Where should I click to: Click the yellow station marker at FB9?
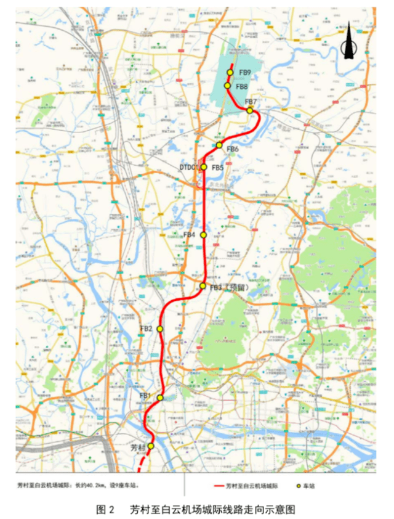point(230,73)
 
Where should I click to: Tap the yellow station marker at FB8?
point(228,86)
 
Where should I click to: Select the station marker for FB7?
point(250,110)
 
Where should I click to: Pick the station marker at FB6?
point(219,145)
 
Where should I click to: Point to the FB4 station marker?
point(203,235)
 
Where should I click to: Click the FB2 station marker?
point(160,329)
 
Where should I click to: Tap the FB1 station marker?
point(161,398)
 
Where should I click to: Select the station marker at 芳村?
point(151,446)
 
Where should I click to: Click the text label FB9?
point(244,73)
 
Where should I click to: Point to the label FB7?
point(251,102)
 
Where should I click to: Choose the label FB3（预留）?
point(228,287)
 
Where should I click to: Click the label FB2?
point(146,329)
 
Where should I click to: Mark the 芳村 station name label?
point(139,446)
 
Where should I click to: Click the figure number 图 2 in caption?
point(106,510)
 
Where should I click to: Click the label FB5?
point(217,167)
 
